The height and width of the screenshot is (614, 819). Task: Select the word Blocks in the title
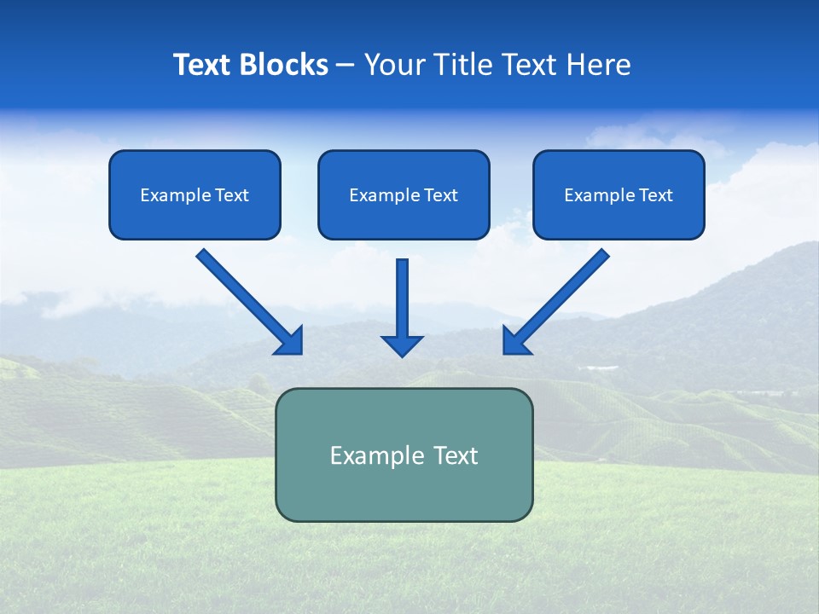283,64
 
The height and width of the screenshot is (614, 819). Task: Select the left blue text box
195,194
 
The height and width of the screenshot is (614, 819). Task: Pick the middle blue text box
404,194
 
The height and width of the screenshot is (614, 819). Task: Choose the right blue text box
619,194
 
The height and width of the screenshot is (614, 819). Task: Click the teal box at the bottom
404,455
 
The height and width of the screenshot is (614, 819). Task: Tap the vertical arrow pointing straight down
402,308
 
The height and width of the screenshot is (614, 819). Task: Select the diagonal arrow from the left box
250,302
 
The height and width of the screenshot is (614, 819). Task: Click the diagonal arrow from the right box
555,302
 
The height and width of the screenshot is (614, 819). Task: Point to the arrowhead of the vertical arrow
402,347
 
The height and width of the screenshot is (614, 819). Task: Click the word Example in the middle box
379,195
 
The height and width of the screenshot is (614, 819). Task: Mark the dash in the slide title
346,66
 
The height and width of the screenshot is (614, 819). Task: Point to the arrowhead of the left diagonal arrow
290,342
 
